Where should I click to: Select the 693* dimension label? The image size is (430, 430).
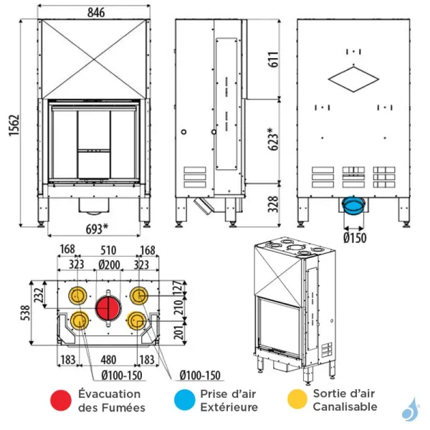pos(94,229)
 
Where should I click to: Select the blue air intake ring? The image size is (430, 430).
pos(353,207)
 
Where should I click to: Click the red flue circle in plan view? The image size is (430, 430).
pos(109,309)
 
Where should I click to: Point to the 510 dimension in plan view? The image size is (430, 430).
pos(108,250)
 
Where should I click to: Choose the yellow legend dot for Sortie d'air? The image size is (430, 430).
pos(295,400)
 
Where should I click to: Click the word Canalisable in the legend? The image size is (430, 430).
pos(345,406)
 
